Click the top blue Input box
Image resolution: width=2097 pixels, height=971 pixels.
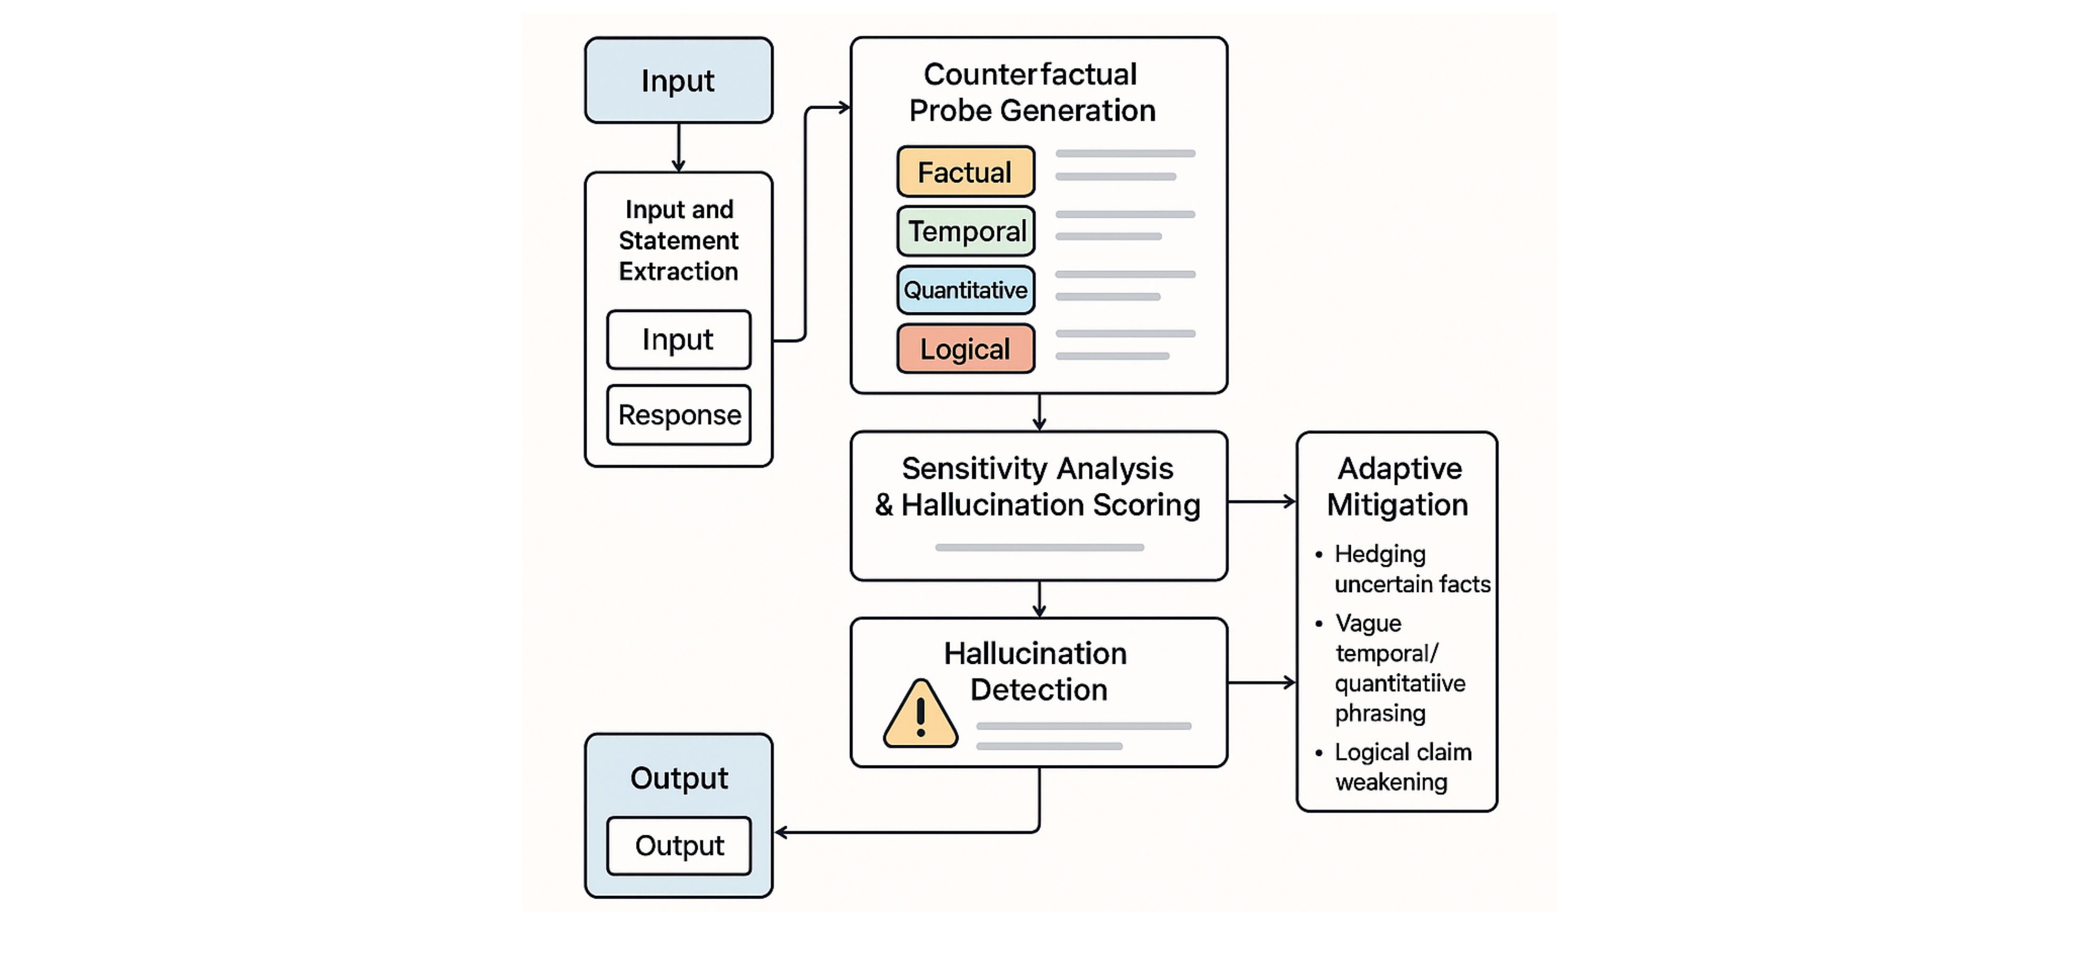coord(678,80)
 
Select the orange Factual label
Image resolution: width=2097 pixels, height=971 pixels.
coord(965,172)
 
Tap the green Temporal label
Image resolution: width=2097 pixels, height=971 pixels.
coord(965,231)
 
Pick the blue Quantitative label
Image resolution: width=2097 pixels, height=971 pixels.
coord(965,290)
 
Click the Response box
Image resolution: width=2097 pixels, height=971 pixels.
coord(679,415)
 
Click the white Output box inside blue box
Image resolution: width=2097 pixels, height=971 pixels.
coord(679,846)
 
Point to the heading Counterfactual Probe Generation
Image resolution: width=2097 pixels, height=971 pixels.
coord(1031,92)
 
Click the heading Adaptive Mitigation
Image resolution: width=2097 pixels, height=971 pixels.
coord(1398,486)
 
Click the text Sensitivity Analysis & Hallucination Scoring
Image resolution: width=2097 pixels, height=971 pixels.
coord(1038,487)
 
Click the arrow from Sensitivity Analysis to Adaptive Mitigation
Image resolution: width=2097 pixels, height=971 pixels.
coord(1262,502)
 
